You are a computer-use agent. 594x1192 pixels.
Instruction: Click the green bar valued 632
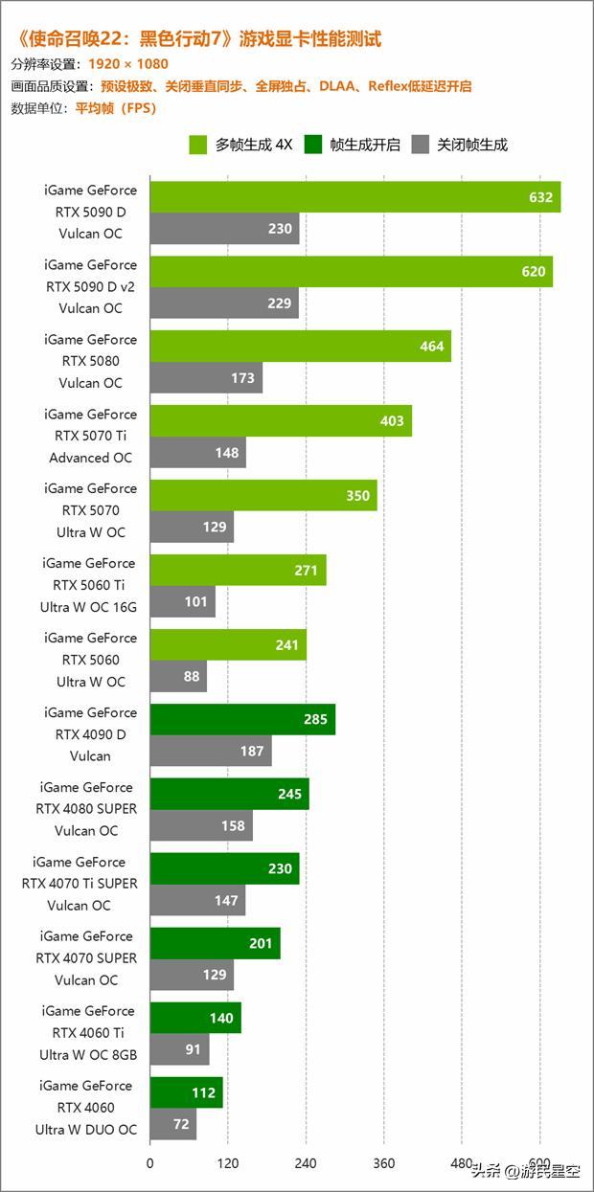pos(354,197)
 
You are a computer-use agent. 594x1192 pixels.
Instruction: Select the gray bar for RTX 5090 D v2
pos(224,304)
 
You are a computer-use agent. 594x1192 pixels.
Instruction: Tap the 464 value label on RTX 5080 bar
pos(432,347)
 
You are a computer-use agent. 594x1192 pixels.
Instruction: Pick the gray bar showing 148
pos(197,452)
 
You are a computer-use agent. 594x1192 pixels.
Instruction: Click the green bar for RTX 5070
pos(263,496)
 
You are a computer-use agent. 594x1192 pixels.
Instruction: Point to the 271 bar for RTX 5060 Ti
pos(238,570)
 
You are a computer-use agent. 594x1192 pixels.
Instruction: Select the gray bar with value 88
pos(178,676)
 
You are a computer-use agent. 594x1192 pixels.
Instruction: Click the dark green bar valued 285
pos(242,719)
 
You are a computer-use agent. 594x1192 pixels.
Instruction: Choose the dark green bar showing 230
pos(224,868)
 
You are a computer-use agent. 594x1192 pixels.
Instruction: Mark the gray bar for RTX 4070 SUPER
pos(192,975)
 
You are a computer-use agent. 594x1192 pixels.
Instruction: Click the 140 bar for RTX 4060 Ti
pos(195,1018)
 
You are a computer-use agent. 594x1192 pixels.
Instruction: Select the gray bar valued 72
pos(173,1124)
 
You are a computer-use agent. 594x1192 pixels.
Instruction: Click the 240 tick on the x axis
pos(306,1164)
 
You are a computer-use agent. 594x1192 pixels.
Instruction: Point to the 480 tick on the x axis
pos(462,1164)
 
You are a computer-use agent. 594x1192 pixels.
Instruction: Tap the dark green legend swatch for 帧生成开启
pos(313,146)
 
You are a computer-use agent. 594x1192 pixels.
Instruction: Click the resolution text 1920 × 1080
pos(127,64)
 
